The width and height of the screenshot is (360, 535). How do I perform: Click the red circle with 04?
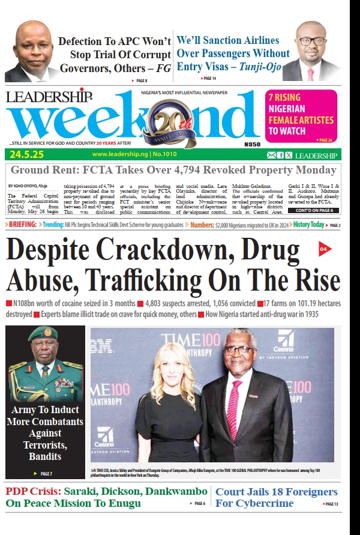[x=323, y=249]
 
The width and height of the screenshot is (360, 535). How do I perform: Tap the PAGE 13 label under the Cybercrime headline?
[x=331, y=504]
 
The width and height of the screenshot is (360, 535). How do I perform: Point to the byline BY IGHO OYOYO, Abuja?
[x=26, y=187]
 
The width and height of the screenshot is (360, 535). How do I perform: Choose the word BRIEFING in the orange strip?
[x=23, y=225]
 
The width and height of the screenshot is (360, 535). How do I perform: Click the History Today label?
[x=309, y=225]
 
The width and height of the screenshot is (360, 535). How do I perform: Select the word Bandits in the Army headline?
[x=45, y=456]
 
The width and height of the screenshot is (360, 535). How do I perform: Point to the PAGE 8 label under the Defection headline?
[x=140, y=80]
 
